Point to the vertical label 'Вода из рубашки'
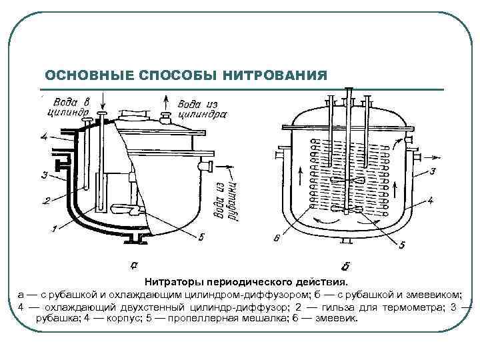tap(225, 199)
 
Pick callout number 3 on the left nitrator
tap(44, 176)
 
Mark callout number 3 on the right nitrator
tap(432, 172)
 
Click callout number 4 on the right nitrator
tap(431, 199)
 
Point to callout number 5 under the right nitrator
tap(401, 245)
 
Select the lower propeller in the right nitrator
tap(349, 208)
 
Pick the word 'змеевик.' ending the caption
tap(339, 318)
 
